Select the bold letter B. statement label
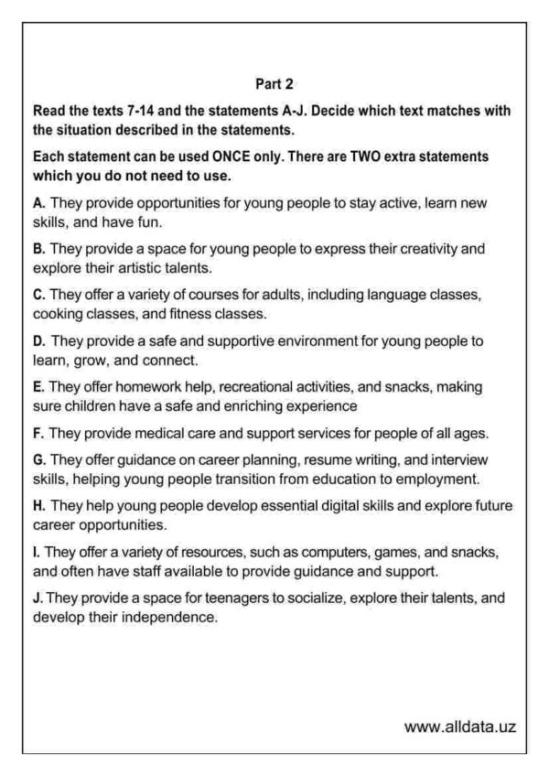38,248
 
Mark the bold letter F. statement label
38,431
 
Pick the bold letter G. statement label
38,458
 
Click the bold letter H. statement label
38,504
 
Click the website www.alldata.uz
460,727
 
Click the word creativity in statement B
429,248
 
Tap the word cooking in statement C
58,314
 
